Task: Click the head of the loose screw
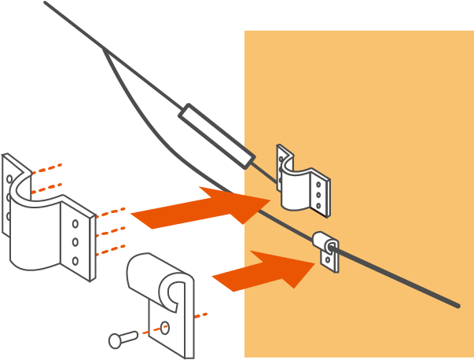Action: pyautogui.click(x=115, y=340)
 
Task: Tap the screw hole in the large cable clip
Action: pyautogui.click(x=165, y=327)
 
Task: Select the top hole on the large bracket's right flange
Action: pyautogui.click(x=75, y=222)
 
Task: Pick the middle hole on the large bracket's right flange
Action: pyautogui.click(x=75, y=241)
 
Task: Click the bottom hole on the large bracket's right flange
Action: pyautogui.click(x=75, y=260)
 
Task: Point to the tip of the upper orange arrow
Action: pyautogui.click(x=270, y=200)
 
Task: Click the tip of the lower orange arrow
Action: pyautogui.click(x=314, y=264)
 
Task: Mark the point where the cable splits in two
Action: pyautogui.click(x=105, y=50)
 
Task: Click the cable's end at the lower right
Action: pyautogui.click(x=457, y=305)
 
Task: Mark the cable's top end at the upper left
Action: pyautogui.click(x=46, y=3)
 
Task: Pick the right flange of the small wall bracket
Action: pyautogui.click(x=320, y=195)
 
